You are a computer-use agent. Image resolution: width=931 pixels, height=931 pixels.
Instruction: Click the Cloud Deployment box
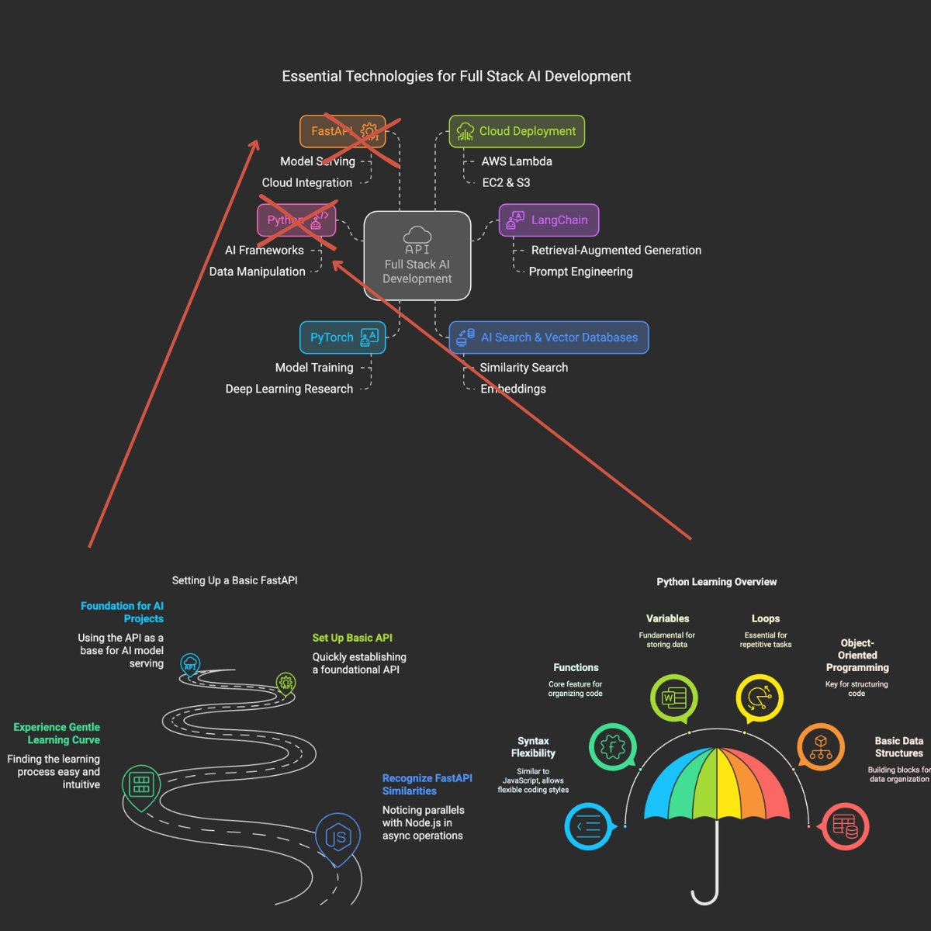point(517,131)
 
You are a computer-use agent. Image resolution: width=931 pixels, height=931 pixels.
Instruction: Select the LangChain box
point(549,220)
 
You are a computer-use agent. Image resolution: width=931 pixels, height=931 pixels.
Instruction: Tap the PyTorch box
point(342,337)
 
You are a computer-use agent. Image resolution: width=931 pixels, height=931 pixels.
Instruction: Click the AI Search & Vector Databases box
point(549,337)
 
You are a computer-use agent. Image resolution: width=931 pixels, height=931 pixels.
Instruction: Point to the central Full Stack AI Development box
point(417,256)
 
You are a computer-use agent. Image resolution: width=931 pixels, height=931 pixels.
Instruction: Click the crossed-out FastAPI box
point(341,131)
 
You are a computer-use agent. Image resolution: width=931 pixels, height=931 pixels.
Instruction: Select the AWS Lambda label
point(517,161)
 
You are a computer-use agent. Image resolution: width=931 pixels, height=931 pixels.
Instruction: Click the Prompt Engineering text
point(580,272)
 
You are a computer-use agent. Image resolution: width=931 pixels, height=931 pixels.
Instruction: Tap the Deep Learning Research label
point(289,389)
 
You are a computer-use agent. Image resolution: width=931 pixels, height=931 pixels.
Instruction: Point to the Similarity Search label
point(524,368)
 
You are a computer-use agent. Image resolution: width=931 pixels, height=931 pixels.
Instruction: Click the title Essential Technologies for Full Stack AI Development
point(456,76)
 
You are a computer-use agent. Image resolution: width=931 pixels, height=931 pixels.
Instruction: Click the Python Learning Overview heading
point(716,582)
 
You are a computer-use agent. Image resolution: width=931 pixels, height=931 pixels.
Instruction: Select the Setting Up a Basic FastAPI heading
point(234,580)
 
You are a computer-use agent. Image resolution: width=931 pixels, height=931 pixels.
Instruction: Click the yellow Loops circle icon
point(759,698)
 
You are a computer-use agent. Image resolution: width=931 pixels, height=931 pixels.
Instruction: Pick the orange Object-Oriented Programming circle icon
point(820,746)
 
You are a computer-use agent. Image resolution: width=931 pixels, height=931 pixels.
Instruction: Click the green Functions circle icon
point(612,747)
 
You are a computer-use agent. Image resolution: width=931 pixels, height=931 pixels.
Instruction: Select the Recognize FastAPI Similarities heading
point(427,784)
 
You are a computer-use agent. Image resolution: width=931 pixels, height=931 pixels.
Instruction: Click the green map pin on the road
point(141,785)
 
